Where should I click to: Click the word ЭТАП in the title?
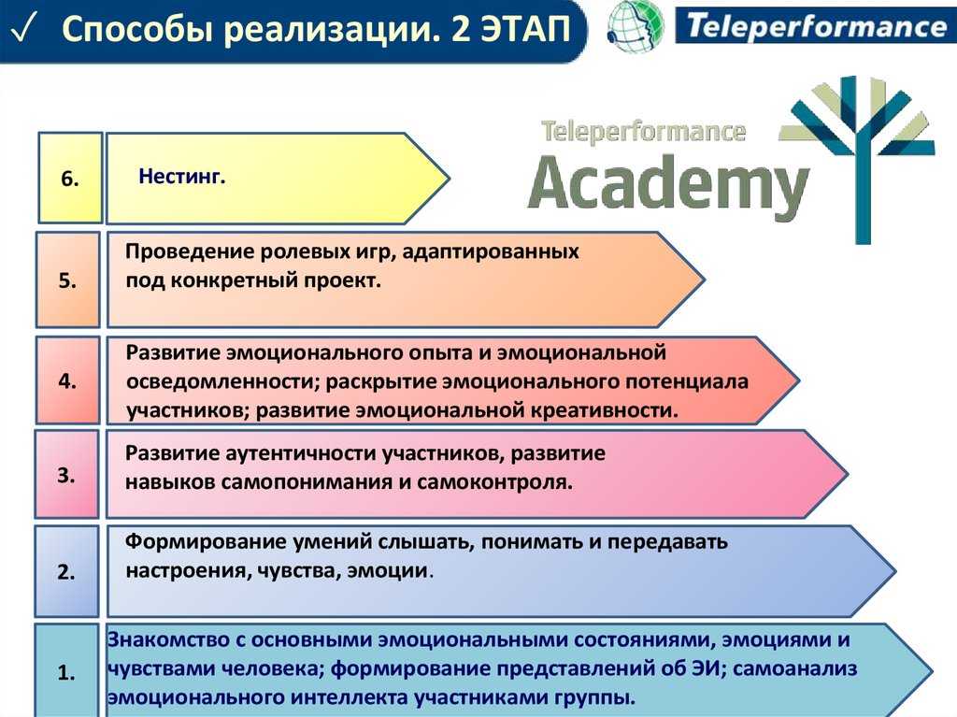click(x=525, y=29)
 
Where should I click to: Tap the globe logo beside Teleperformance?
click(x=636, y=27)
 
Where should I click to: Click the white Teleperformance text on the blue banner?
click(x=817, y=26)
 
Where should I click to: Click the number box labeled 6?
click(x=69, y=178)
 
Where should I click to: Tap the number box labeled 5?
click(x=67, y=280)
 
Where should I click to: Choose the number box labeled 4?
click(x=67, y=380)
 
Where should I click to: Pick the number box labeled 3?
click(x=66, y=475)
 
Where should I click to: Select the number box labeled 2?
click(x=66, y=572)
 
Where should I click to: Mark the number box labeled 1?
click(x=66, y=671)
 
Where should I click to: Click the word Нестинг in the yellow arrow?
click(x=182, y=177)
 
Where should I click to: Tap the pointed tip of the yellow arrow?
click(x=450, y=179)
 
